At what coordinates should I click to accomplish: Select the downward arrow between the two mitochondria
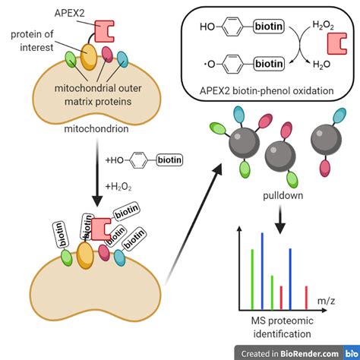[96, 178]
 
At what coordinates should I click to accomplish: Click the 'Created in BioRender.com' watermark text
[289, 352]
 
